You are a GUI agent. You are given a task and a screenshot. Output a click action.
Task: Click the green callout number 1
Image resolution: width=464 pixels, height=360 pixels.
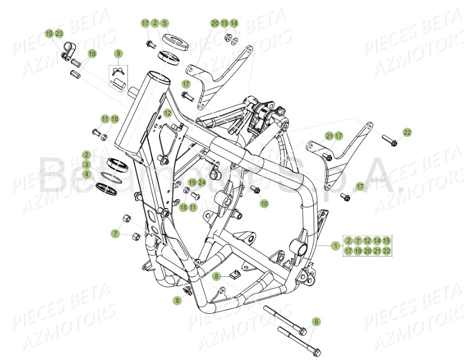[x=336, y=246]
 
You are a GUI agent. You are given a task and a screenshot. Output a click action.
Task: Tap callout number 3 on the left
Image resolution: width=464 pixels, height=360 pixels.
[x=86, y=164]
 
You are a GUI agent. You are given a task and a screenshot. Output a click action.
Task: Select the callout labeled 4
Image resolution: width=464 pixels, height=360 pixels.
[x=86, y=174]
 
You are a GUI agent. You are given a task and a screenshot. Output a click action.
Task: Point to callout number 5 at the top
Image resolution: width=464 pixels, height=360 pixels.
[x=164, y=23]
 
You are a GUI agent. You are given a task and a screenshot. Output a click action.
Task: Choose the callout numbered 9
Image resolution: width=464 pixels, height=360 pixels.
[x=118, y=54]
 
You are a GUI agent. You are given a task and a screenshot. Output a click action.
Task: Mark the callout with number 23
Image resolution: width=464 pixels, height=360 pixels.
[x=59, y=33]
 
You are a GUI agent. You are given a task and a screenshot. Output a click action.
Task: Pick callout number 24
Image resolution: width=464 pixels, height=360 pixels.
[x=201, y=183]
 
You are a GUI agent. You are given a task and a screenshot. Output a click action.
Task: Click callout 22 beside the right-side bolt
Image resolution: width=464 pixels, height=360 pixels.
[x=407, y=133]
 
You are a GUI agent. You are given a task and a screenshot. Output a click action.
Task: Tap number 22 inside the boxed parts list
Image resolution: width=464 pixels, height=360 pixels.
[x=386, y=251]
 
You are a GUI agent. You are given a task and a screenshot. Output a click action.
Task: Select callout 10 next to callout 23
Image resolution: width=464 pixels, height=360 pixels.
[x=49, y=33]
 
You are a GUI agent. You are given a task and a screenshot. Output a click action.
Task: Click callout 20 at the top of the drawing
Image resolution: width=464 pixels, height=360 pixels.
[x=215, y=23]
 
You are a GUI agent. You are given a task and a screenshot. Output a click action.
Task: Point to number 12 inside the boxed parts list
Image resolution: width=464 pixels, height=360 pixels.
[x=367, y=241]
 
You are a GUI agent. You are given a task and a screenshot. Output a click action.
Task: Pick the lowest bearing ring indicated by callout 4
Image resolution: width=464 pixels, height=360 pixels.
[x=108, y=186]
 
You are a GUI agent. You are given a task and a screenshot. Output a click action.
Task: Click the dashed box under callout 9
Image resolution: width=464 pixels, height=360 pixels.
[x=118, y=75]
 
